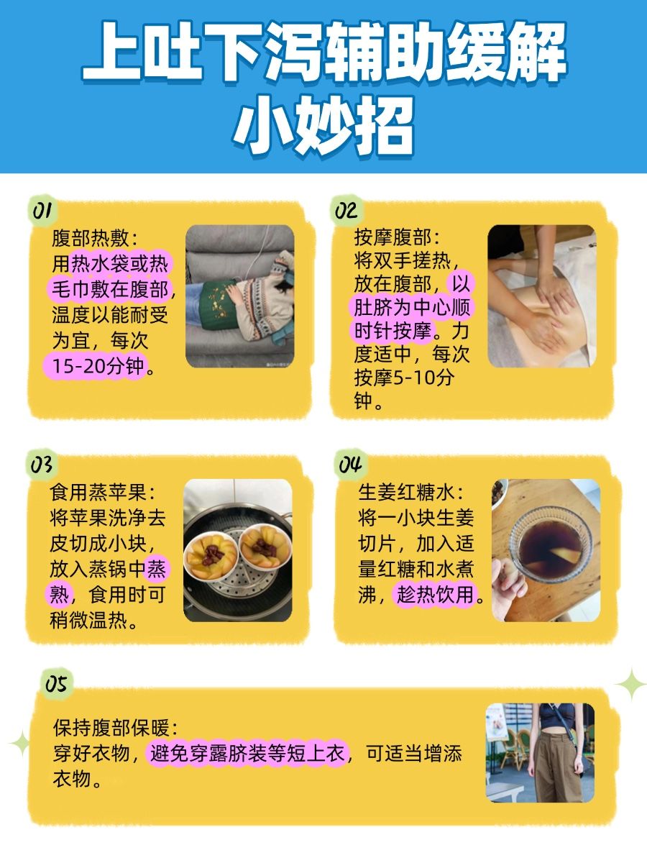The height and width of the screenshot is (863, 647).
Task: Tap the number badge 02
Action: (x=345, y=210)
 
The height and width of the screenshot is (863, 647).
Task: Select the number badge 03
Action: (x=42, y=465)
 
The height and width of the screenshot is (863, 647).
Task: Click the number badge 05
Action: (x=56, y=683)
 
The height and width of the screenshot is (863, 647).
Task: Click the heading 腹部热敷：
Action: (x=93, y=238)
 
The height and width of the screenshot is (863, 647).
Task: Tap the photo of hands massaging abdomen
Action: (x=541, y=296)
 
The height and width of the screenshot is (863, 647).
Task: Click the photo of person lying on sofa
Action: (x=239, y=296)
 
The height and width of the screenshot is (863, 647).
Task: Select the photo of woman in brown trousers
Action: (x=540, y=752)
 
